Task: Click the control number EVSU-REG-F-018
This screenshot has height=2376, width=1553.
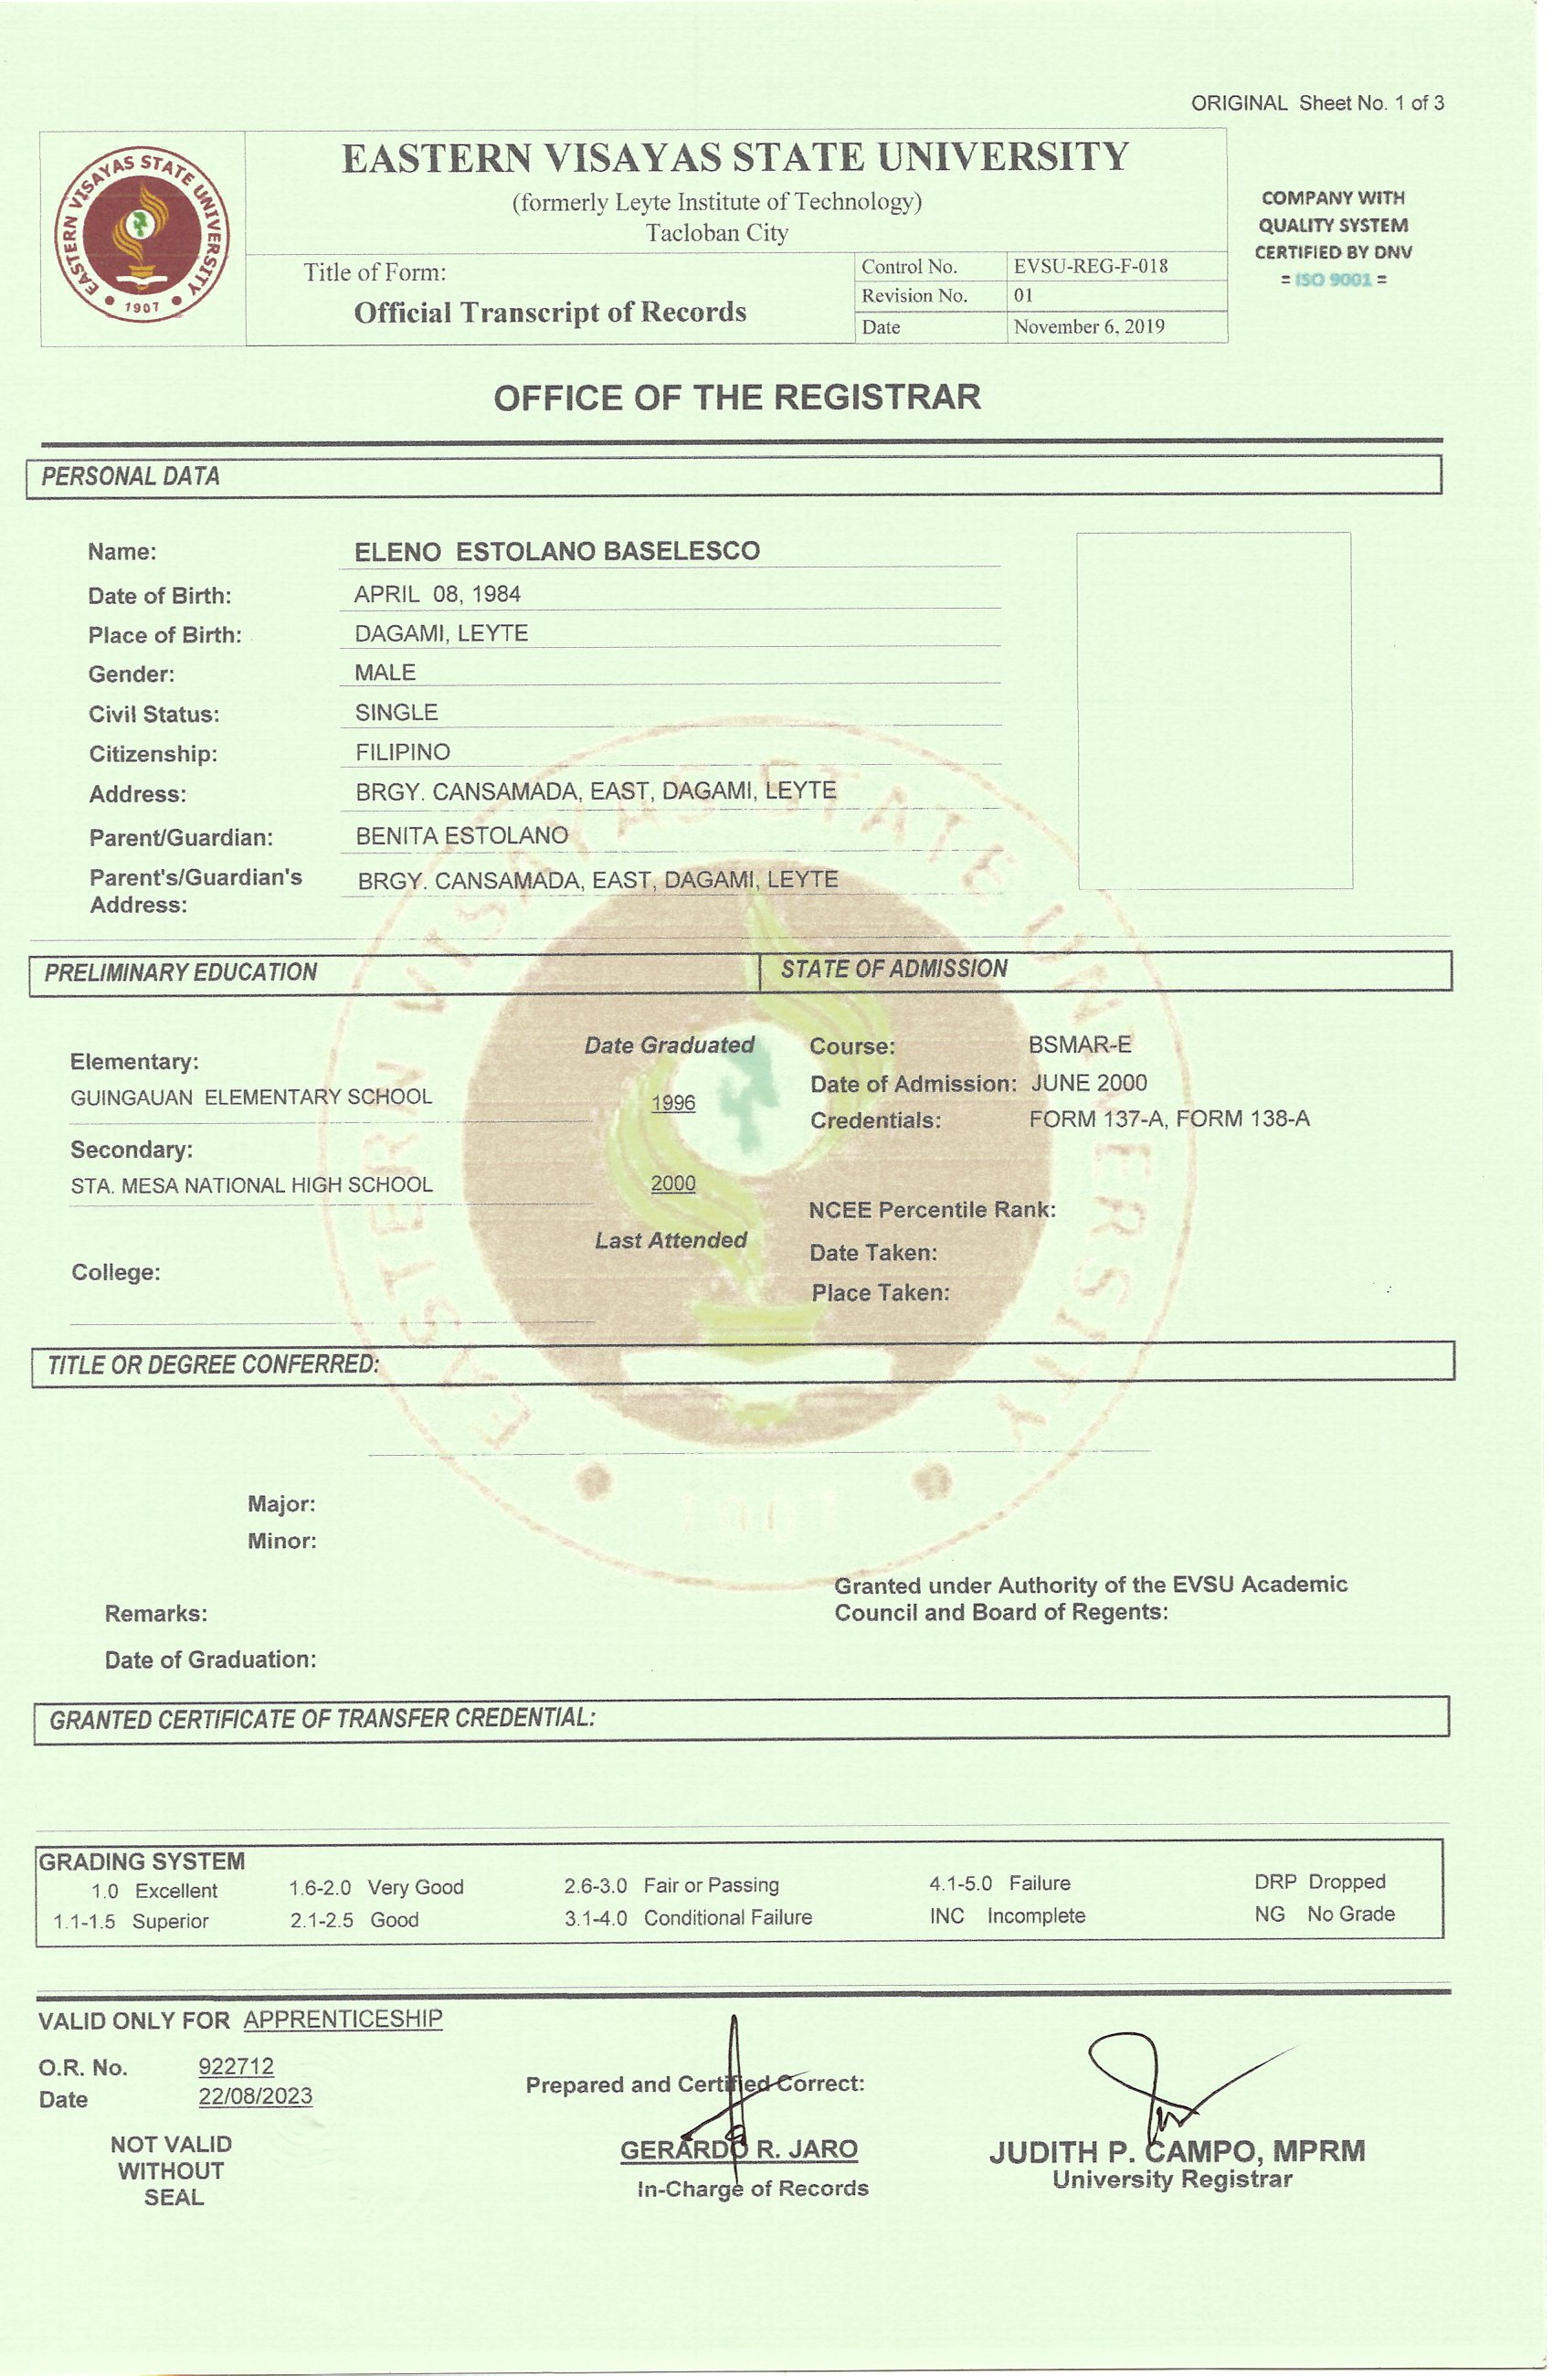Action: coord(1090,267)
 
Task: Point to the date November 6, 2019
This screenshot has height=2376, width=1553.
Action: coord(1089,327)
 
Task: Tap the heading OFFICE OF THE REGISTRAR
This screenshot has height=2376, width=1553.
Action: coord(736,398)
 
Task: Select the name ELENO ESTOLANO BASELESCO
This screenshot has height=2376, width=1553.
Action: coord(557,551)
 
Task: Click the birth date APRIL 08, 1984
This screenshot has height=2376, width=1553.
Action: coord(438,594)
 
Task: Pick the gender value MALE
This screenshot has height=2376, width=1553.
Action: coord(386,673)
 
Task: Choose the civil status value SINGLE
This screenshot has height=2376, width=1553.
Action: coord(396,713)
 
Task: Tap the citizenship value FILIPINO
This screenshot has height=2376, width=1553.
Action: coord(402,752)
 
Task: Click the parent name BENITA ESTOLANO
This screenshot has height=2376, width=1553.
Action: coord(462,835)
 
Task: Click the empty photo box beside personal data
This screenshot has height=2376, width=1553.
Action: coord(1214,710)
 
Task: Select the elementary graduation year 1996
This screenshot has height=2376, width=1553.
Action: coord(672,1103)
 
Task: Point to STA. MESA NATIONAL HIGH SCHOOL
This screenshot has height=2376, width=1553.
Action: coord(251,1185)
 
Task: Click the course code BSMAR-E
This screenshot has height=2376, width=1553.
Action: coord(1080,1045)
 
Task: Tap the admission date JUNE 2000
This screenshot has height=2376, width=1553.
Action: coord(1089,1083)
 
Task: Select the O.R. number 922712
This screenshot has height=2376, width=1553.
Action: coord(236,2066)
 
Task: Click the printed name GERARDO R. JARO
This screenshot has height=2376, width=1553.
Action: coord(738,2149)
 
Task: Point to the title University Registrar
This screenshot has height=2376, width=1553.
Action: coord(1172,2180)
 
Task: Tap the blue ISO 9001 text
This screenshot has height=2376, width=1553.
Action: coord(1333,280)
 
